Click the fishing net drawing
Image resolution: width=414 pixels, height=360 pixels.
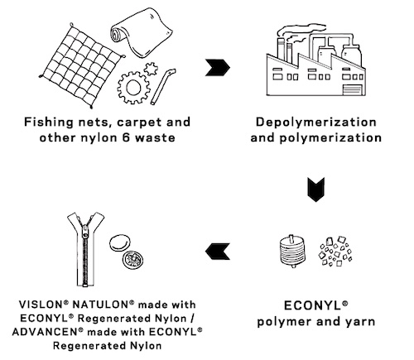coord(81,66)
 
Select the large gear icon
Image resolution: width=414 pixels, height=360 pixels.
coord(133,88)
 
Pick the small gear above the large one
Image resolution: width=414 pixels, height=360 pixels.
coord(152,69)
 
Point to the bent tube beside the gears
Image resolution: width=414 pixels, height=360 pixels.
coord(161,87)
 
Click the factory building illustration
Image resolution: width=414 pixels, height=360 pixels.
coord(316,60)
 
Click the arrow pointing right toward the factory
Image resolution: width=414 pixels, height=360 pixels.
coord(218,67)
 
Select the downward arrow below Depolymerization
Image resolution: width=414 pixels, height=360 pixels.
coord(316,190)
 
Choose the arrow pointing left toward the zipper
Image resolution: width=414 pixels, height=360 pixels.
coord(218,252)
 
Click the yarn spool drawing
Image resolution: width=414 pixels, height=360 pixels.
coord(292,252)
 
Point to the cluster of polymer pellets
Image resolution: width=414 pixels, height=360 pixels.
coord(335,252)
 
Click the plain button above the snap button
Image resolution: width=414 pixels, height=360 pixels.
coord(120,242)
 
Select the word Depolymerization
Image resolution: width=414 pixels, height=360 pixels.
coord(316,122)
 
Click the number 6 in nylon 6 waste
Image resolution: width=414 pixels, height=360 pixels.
coord(126,137)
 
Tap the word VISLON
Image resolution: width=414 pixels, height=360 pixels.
coord(41,305)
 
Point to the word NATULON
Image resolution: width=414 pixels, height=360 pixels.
coord(100,305)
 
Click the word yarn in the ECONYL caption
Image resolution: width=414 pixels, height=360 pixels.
coord(359,322)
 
